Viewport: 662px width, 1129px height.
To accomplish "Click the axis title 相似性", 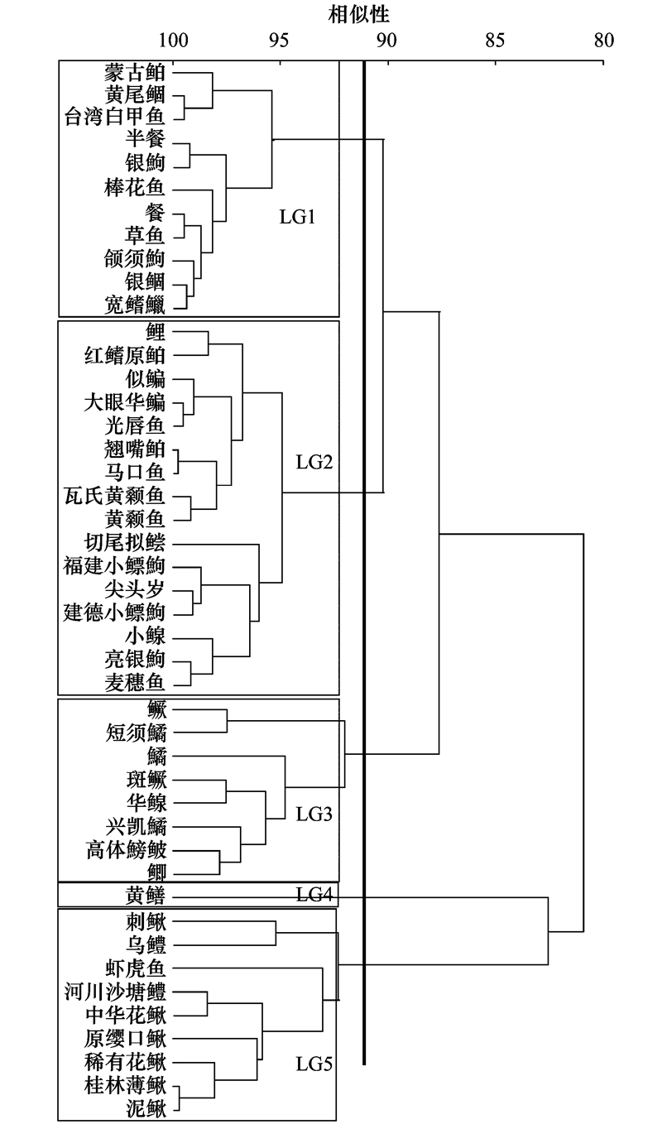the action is (x=358, y=14).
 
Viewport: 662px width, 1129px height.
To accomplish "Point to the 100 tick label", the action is (x=173, y=41).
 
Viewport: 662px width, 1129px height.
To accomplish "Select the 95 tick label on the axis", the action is (x=279, y=41).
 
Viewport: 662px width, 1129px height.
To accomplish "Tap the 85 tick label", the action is (x=495, y=41).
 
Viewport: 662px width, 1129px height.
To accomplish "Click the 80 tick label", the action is (x=603, y=41).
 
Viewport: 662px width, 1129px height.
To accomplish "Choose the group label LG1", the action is (x=297, y=217).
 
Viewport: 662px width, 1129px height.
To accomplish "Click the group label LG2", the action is (x=314, y=462).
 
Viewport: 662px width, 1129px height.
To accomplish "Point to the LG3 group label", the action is (x=314, y=814).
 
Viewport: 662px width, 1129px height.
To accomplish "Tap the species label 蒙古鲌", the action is (x=135, y=72).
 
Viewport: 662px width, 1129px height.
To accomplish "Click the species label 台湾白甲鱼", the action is (x=115, y=117).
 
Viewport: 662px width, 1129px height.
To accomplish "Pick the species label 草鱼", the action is (x=145, y=235).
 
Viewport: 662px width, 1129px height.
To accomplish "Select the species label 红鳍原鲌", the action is (x=125, y=356).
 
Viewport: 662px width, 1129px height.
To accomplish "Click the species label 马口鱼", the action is (x=135, y=473).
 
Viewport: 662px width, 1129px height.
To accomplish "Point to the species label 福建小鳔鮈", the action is (x=114, y=565).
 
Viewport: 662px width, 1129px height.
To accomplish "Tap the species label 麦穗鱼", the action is (x=135, y=682).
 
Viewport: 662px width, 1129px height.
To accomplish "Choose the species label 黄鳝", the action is (x=146, y=896).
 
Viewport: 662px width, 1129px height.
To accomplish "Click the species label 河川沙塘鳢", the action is (x=115, y=992).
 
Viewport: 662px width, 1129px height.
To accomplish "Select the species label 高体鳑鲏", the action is (x=126, y=850).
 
